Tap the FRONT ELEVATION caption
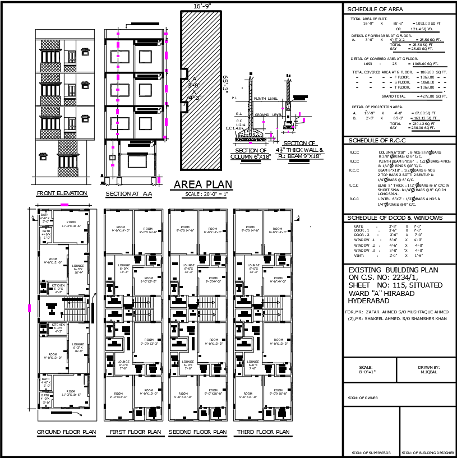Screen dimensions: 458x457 click(x=62, y=193)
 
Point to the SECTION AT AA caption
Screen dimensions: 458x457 click(x=128, y=194)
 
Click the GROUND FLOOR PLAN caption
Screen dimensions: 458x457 click(x=66, y=432)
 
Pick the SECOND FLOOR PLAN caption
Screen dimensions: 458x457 click(x=197, y=432)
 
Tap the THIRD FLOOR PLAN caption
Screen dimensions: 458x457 click(x=262, y=432)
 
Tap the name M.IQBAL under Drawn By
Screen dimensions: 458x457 click(x=428, y=373)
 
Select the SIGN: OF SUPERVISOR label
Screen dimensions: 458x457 click(x=371, y=452)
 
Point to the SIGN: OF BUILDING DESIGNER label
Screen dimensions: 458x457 click(x=428, y=452)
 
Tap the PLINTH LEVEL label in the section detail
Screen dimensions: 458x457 click(x=266, y=98)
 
